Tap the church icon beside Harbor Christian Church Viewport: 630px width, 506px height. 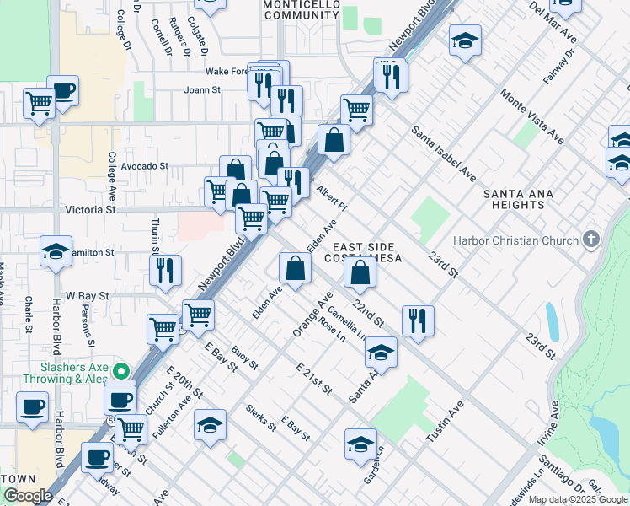coord(592,239)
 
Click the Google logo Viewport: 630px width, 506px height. coord(29,496)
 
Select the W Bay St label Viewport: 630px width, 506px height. coord(88,296)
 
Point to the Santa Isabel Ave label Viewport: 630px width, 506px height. coord(444,153)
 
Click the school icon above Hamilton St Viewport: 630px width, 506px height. coord(56,250)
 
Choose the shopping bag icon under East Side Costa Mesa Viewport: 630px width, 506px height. coord(360,272)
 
